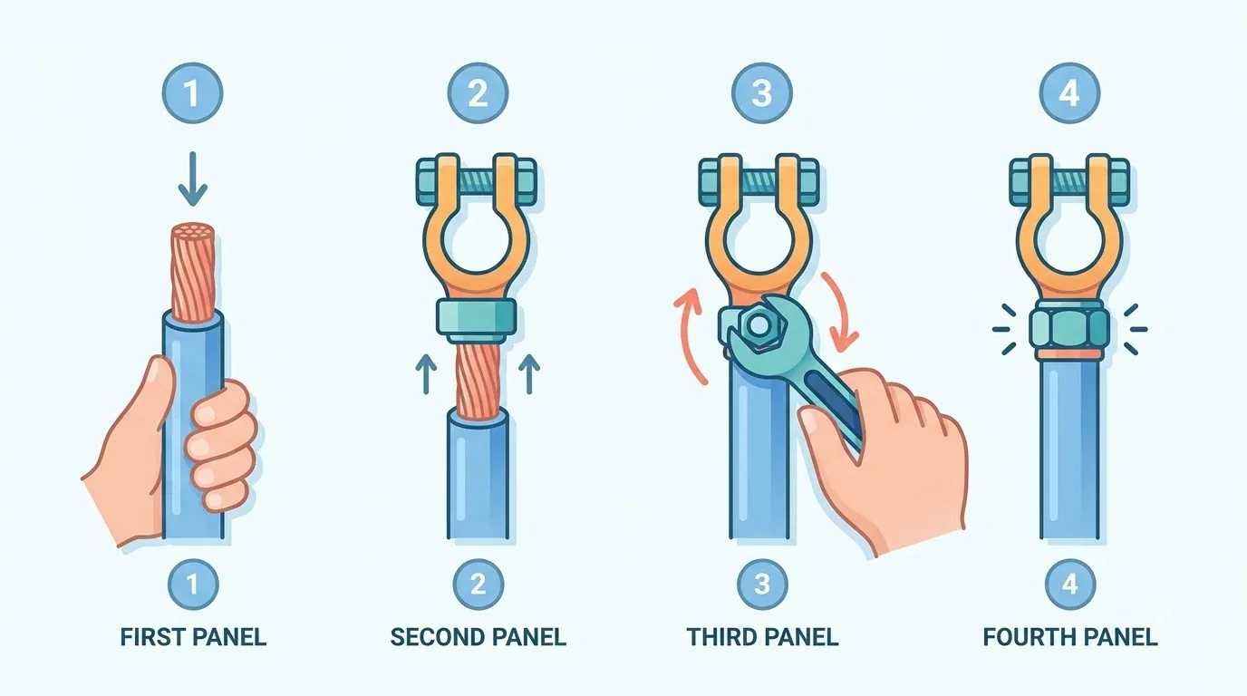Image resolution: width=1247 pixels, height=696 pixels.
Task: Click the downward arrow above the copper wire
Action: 193,179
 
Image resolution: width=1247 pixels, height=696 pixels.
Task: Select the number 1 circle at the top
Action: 193,93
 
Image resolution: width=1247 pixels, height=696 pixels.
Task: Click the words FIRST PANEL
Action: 193,636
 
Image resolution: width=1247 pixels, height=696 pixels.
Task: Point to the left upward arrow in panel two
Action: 426,374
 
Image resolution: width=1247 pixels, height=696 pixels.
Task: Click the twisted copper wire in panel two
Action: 478,379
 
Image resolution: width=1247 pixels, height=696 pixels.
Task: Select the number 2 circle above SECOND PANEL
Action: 478,585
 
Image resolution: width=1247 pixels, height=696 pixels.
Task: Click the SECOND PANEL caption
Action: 478,636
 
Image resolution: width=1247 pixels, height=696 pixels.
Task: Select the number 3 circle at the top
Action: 761,93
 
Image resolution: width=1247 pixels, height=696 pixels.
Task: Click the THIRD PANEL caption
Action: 763,636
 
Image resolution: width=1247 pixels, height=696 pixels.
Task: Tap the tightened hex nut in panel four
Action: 1069,330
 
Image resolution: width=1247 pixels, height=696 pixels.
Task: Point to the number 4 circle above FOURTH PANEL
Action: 1069,585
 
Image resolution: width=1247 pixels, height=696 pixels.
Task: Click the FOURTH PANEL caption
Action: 1070,636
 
